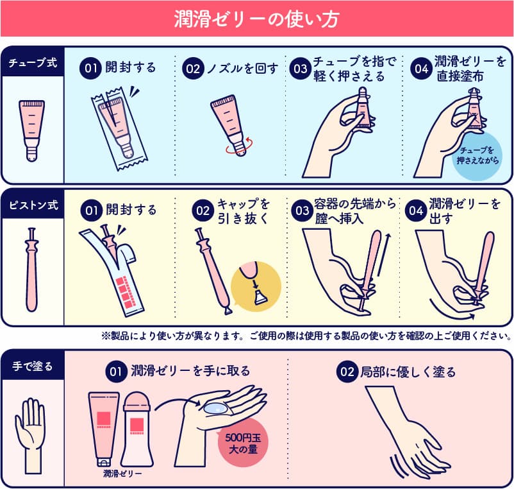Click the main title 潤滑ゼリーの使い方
[x=256, y=19]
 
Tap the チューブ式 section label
[x=33, y=62]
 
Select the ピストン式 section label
[x=33, y=205]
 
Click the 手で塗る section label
[x=33, y=366]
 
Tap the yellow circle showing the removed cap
[x=256, y=286]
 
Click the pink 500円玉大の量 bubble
[x=243, y=443]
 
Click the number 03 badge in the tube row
[x=300, y=69]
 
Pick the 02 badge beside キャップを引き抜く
[x=203, y=210]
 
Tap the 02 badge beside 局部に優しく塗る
[x=347, y=372]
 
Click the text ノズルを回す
[x=243, y=68]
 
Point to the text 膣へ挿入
[x=339, y=219]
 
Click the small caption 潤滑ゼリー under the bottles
[x=122, y=474]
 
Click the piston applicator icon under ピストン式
[x=32, y=269]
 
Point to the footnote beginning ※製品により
[x=306, y=336]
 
